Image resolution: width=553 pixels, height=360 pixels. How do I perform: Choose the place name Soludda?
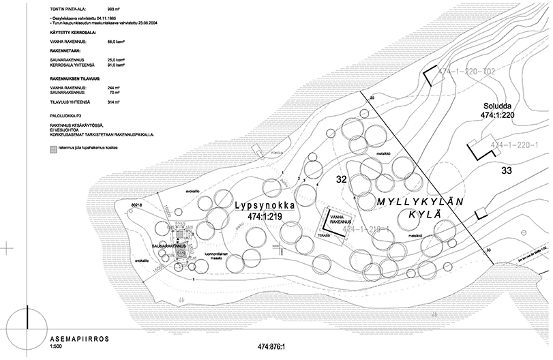tap(497, 106)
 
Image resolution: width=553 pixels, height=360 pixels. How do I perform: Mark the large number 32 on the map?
tap(346, 179)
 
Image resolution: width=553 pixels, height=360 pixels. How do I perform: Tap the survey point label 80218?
tap(136, 203)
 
